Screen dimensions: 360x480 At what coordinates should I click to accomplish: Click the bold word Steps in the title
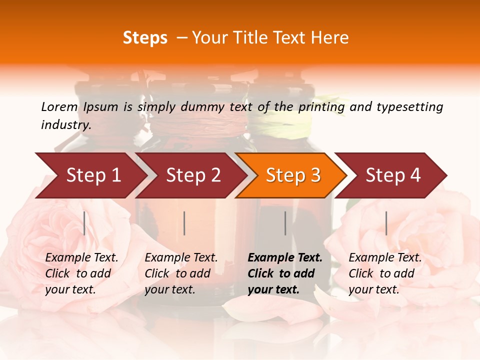pos(145,38)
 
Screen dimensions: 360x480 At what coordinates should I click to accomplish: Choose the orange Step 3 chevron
pos(292,175)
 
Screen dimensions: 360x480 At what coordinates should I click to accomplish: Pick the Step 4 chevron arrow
pos(392,175)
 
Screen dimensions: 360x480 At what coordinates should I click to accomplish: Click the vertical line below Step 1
pos(84,223)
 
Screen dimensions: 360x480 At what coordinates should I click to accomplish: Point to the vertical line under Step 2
pos(184,223)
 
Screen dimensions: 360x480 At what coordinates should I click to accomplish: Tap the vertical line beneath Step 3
pos(285,223)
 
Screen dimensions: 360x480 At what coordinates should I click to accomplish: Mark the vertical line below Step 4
pos(386,223)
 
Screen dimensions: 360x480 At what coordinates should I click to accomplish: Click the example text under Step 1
pos(81,273)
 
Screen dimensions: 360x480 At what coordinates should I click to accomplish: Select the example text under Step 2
pos(181,273)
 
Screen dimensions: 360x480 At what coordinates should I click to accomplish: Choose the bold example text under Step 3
pos(285,273)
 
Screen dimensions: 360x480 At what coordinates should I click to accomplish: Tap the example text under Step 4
pos(385,273)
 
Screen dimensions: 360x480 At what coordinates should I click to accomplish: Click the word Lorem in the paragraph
pos(59,107)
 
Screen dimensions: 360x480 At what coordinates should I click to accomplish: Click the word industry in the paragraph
pos(66,125)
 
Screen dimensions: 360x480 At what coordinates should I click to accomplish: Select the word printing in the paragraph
pos(322,107)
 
